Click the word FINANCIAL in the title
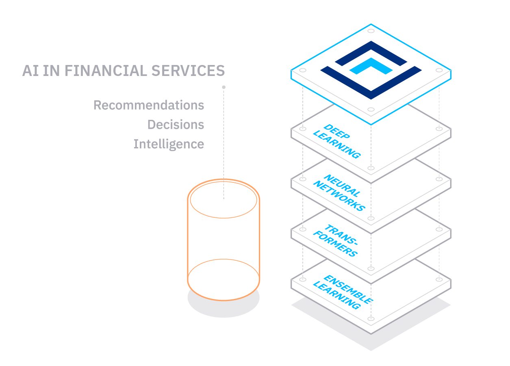pyautogui.click(x=106, y=71)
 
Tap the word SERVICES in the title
pyautogui.click(x=188, y=71)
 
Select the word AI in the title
pyautogui.click(x=30, y=71)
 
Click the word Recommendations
pyautogui.click(x=149, y=105)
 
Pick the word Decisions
pyautogui.click(x=176, y=124)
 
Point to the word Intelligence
pyautogui.click(x=169, y=144)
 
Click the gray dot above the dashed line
pyautogui.click(x=224, y=87)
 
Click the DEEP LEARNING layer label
pyautogui.click(x=337, y=141)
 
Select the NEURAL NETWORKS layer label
pyautogui.click(x=339, y=193)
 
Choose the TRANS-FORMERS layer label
pyautogui.click(x=336, y=240)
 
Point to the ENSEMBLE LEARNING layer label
pyautogui.click(x=343, y=292)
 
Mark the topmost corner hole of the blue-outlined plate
pyautogui.click(x=371, y=31)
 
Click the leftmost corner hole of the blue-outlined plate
pyautogui.click(x=303, y=70)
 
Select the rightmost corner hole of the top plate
pyautogui.click(x=439, y=70)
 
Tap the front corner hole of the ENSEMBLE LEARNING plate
pyautogui.click(x=371, y=318)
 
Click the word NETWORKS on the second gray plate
pyautogui.click(x=339, y=196)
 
